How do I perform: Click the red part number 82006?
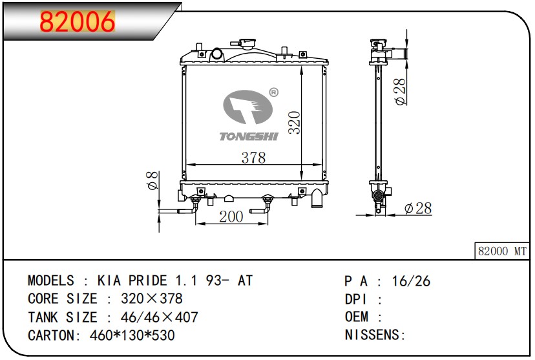pos(78,21)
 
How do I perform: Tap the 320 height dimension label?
pos(294,122)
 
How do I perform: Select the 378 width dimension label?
pos(253,158)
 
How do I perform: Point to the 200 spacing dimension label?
pos(231,217)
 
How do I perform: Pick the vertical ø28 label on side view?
pos(400,91)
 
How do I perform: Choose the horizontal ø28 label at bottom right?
pos(418,208)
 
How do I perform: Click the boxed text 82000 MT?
pos(502,251)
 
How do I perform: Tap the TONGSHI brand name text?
pos(249,136)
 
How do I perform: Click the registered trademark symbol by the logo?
pos(274,92)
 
